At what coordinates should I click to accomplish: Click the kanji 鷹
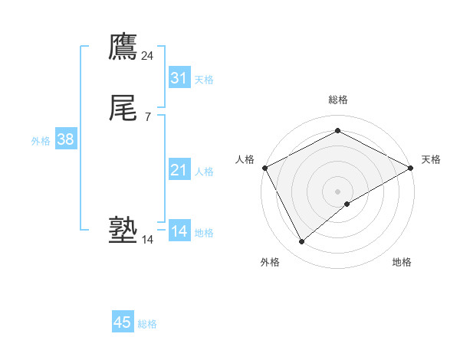pyautogui.click(x=123, y=47)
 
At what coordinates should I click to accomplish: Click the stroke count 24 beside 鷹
pyautogui.click(x=147, y=56)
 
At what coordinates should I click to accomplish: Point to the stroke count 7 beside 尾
pyautogui.click(x=147, y=117)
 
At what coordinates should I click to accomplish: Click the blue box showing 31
pyautogui.click(x=179, y=78)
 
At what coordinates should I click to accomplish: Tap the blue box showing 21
pyautogui.click(x=179, y=170)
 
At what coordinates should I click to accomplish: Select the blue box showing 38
pyautogui.click(x=65, y=139)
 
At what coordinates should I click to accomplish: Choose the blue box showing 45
pyautogui.click(x=123, y=322)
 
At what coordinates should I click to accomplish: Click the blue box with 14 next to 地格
pyautogui.click(x=179, y=231)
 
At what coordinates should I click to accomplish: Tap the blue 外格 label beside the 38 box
pyautogui.click(x=41, y=141)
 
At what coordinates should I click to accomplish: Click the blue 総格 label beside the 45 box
pyautogui.click(x=147, y=324)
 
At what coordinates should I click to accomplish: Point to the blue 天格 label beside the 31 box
pyautogui.click(x=204, y=80)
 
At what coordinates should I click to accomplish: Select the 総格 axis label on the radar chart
pyautogui.click(x=337, y=100)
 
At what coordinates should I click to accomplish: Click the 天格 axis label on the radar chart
pyautogui.click(x=431, y=159)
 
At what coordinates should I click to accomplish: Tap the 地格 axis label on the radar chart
pyautogui.click(x=402, y=262)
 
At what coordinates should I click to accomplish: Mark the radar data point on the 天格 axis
pyautogui.click(x=412, y=168)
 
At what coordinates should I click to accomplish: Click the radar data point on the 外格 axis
pyautogui.click(x=301, y=242)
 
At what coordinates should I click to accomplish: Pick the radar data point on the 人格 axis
pyautogui.click(x=264, y=168)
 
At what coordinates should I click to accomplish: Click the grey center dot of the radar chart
pyautogui.click(x=337, y=191)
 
